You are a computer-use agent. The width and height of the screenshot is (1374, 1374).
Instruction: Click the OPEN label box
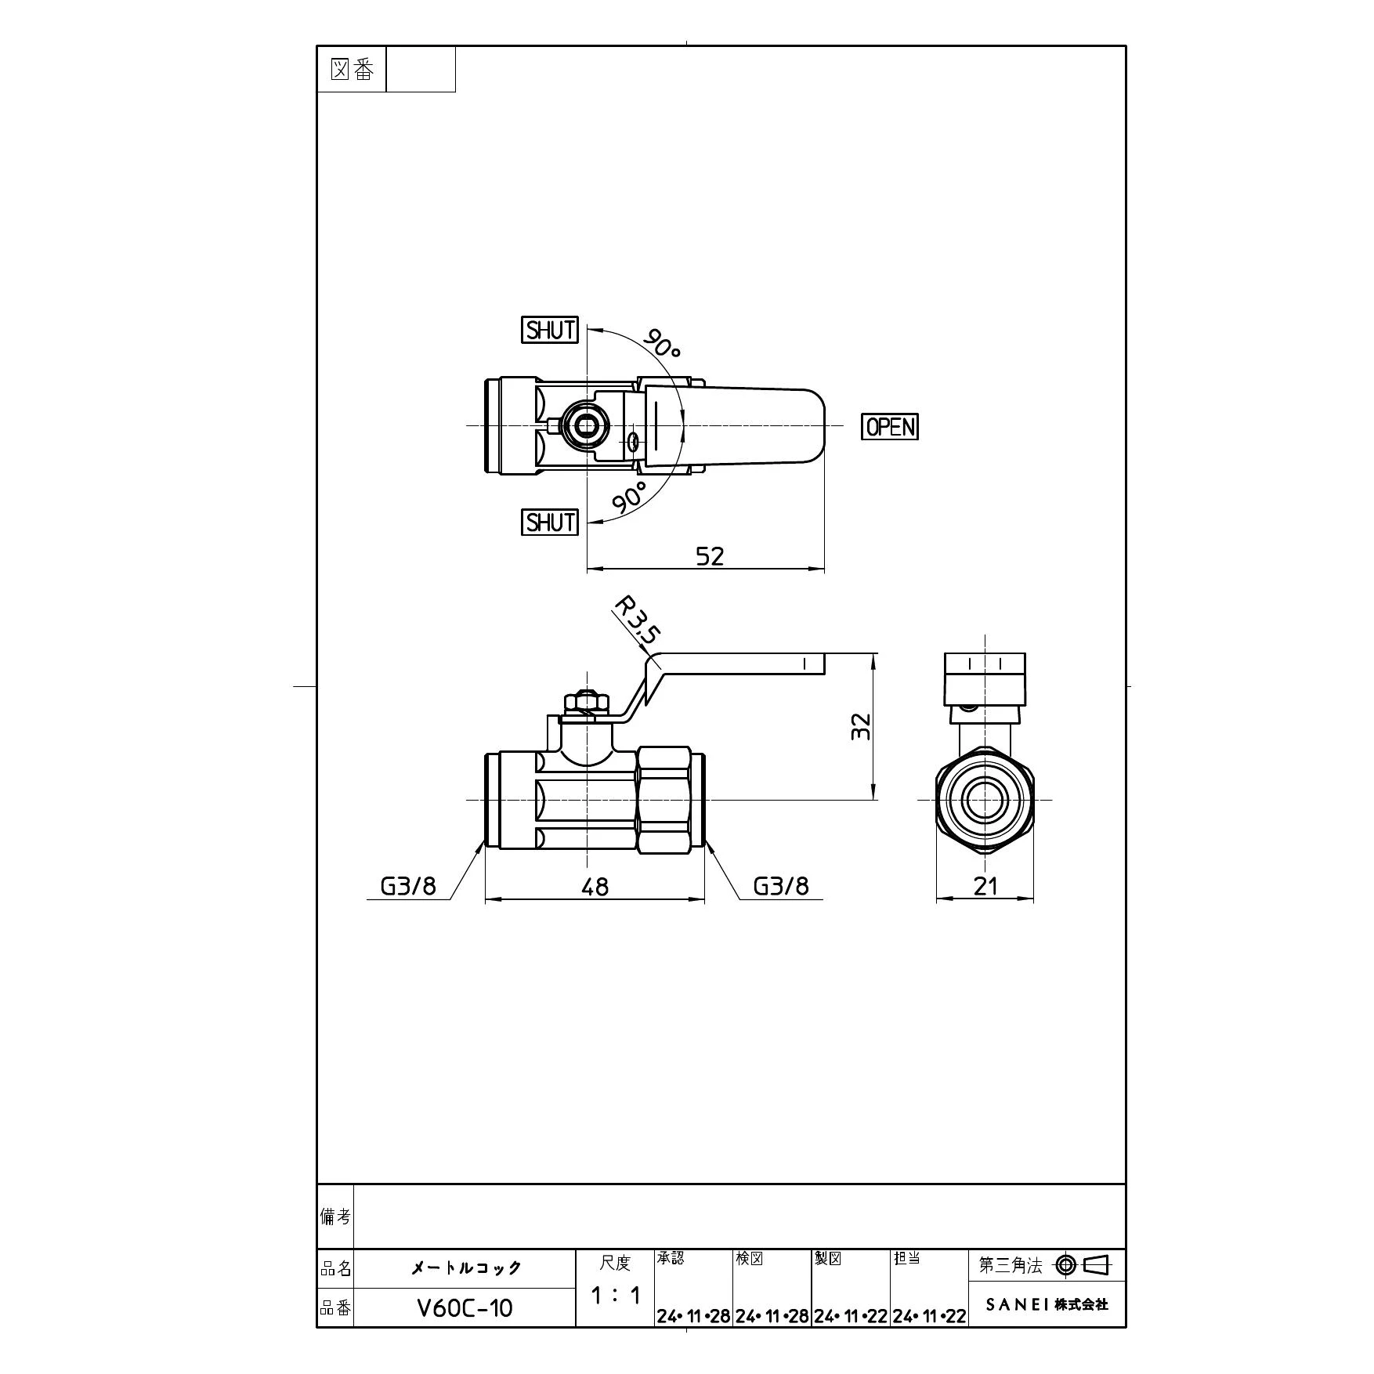(889, 426)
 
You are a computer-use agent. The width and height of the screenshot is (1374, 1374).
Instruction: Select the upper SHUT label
(550, 330)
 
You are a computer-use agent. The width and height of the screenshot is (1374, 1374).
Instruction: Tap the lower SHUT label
(550, 522)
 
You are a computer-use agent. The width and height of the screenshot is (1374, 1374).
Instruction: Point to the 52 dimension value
(710, 556)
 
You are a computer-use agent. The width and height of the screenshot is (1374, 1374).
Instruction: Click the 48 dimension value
(595, 887)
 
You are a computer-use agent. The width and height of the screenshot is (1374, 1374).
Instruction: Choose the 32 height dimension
(862, 725)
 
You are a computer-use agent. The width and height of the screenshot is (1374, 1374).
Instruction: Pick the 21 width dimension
(985, 886)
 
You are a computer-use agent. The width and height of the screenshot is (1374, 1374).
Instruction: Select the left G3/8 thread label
(407, 886)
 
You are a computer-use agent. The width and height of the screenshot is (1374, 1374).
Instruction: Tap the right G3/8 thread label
(780, 886)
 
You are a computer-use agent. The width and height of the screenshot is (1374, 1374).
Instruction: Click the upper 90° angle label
(662, 342)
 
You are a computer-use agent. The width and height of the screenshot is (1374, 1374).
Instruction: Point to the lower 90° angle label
(629, 498)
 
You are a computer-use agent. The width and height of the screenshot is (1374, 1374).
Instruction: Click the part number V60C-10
(465, 1308)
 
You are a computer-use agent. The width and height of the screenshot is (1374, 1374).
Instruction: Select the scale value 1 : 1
(615, 1296)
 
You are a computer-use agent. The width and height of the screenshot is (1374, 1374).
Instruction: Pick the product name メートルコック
(465, 1268)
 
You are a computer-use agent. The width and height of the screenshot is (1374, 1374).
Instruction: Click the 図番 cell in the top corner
(352, 70)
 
